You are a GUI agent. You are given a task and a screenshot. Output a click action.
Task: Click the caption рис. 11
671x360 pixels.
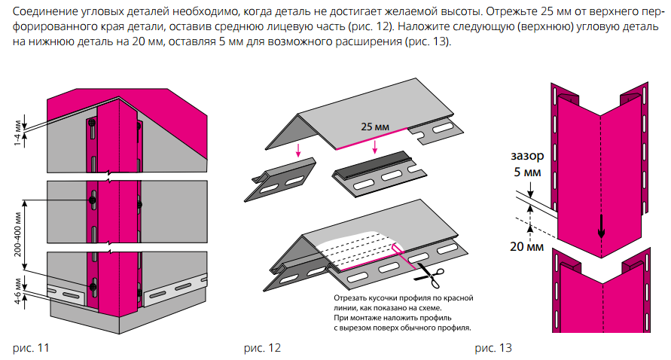point(32,348)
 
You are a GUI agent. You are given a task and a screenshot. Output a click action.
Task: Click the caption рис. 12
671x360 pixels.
point(263,348)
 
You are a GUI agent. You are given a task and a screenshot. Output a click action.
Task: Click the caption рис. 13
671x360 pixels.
point(493,348)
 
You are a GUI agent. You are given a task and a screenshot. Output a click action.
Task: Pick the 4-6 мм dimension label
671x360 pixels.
point(17,289)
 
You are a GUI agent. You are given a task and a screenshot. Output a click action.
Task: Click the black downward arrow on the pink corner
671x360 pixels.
point(601,222)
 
